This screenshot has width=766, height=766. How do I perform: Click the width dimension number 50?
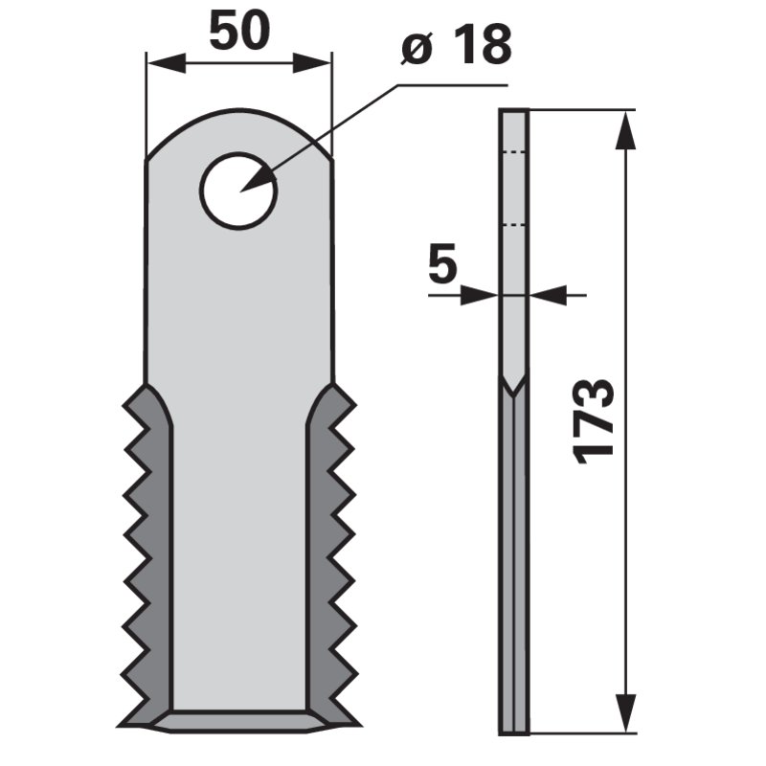[x=239, y=31]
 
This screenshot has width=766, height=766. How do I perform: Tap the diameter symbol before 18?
[x=417, y=47]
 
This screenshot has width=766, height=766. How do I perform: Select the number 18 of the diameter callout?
[x=482, y=45]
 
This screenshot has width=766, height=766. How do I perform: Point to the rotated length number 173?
[x=593, y=420]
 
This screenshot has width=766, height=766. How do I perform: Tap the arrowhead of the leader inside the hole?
[x=258, y=180]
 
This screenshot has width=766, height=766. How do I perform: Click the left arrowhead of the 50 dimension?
[x=166, y=63]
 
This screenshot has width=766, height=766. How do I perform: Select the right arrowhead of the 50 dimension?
[x=312, y=63]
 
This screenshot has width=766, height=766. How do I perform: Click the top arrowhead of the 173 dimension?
[x=625, y=129]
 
